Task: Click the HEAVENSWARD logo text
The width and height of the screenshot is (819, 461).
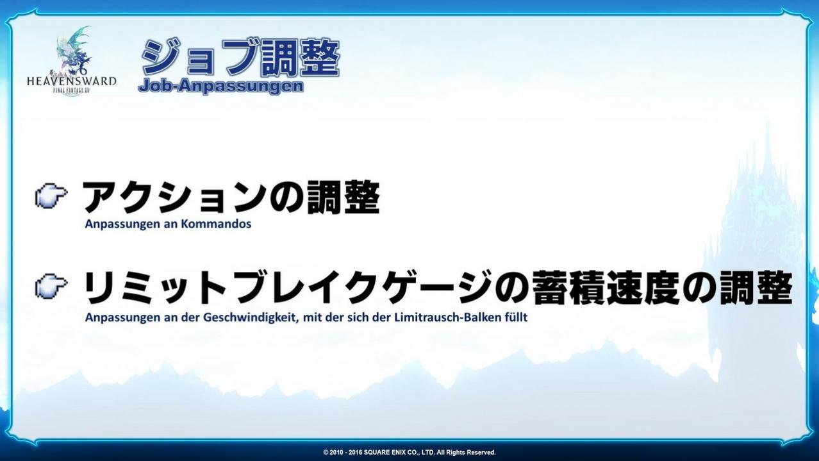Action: (72, 81)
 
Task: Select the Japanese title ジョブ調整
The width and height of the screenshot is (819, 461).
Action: (240, 58)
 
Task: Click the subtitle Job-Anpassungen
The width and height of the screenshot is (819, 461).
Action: (221, 87)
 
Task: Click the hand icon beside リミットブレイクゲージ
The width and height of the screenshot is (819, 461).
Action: (51, 287)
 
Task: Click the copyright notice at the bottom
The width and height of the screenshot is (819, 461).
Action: (409, 453)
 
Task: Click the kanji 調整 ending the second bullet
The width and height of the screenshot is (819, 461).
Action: (756, 288)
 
